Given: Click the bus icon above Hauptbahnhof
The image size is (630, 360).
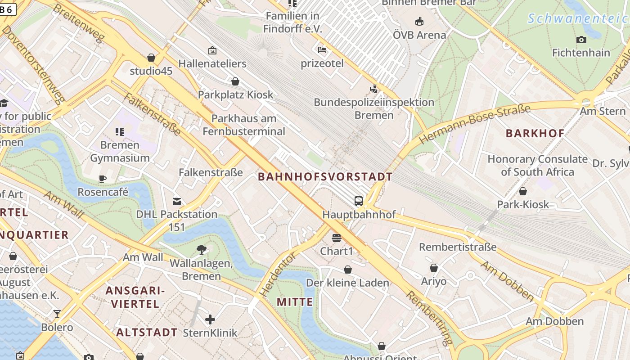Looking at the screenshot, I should click(358, 201).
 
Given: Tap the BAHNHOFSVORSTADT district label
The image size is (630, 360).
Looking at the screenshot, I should click(325, 177).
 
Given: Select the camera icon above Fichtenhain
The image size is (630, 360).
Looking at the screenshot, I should click(581, 40).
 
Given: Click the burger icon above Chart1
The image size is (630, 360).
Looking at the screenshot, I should click(337, 238).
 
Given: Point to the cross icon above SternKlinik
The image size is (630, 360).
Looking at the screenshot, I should click(210, 319).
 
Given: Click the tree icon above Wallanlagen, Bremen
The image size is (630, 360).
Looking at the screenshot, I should click(201, 249).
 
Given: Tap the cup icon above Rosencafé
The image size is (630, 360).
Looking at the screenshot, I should click(103, 179).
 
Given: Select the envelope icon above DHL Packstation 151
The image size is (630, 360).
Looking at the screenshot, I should click(177, 201).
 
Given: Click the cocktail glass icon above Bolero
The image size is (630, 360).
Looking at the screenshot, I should click(57, 314).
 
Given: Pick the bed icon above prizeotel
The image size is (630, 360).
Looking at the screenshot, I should click(322, 50).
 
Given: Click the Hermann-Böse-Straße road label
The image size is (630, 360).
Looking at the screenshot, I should click(475, 124).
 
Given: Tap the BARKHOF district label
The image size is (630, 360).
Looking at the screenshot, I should click(535, 133).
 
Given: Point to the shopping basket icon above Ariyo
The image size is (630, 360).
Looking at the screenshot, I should click(433, 268).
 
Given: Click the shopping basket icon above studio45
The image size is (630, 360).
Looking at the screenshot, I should click(151, 58).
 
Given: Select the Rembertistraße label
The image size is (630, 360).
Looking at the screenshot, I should click(458, 247).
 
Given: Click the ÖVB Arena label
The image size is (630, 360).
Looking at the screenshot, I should click(419, 35).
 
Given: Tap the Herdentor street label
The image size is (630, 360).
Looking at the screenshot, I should click(278, 274).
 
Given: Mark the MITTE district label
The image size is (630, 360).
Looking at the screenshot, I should click(295, 302).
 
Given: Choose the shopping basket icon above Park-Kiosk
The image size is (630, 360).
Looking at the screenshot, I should click(523, 191).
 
